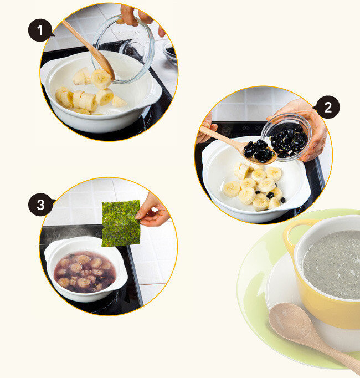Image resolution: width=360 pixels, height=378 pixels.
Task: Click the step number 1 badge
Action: (x=40, y=30)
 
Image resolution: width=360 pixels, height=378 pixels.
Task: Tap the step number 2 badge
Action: (x=327, y=107)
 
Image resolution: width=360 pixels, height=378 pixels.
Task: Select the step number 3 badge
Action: (x=40, y=205)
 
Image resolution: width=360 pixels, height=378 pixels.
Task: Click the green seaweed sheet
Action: (x=121, y=223)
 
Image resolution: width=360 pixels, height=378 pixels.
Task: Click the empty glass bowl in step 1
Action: (x=124, y=49)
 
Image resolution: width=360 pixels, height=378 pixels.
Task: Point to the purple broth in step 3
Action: (x=84, y=272)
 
